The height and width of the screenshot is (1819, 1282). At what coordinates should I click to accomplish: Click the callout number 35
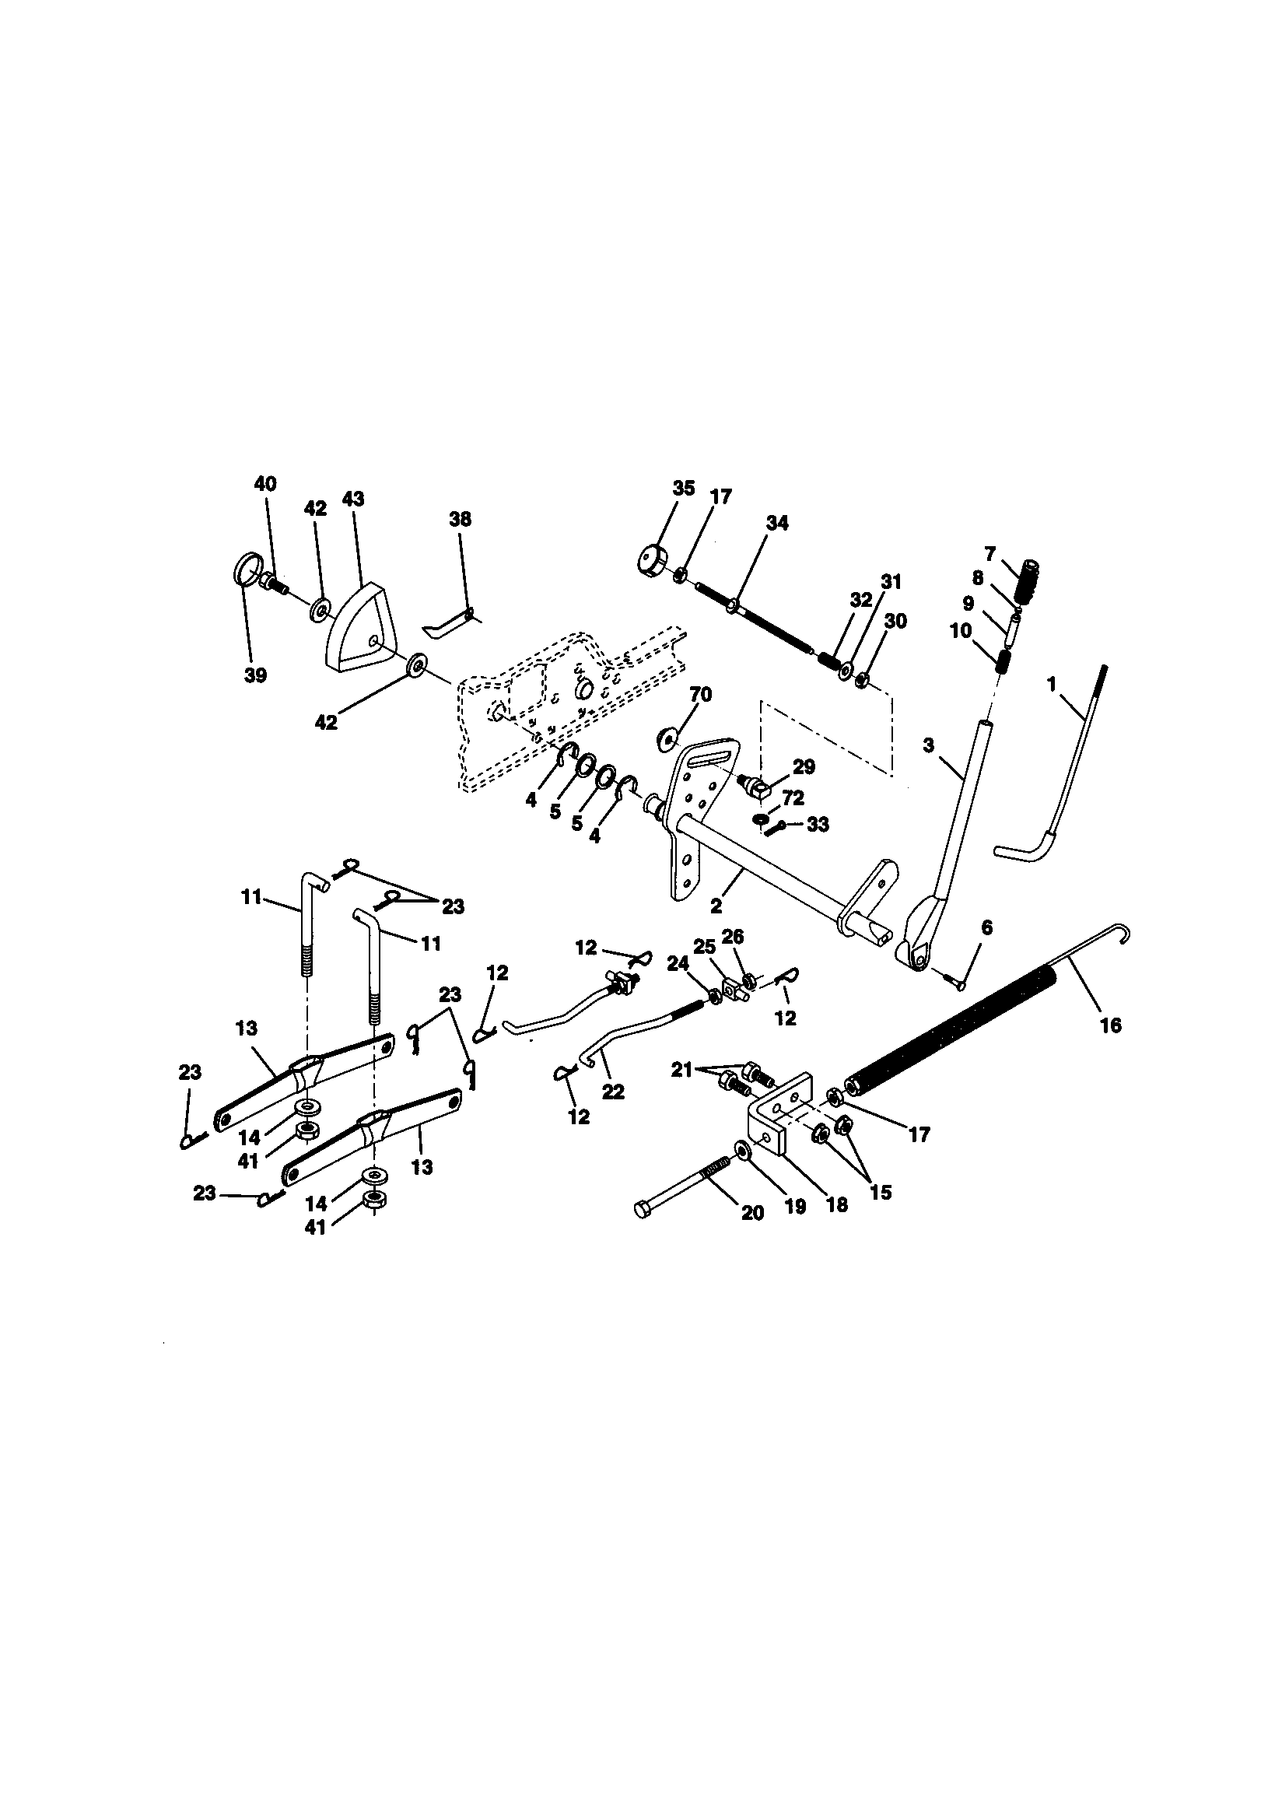point(684,488)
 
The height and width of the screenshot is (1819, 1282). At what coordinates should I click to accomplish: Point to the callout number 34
point(777,523)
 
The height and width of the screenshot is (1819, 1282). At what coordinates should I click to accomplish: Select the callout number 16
point(1111,1025)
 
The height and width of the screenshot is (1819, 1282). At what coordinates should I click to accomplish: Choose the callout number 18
point(837,1205)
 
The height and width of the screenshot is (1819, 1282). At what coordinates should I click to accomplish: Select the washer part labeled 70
point(665,740)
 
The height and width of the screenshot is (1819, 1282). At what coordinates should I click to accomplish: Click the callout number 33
point(817,825)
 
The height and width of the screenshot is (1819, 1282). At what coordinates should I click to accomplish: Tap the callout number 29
point(804,767)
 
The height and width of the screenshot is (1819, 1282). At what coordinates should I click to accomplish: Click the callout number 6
point(986,927)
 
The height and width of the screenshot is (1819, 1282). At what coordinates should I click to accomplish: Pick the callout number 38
point(460,519)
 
